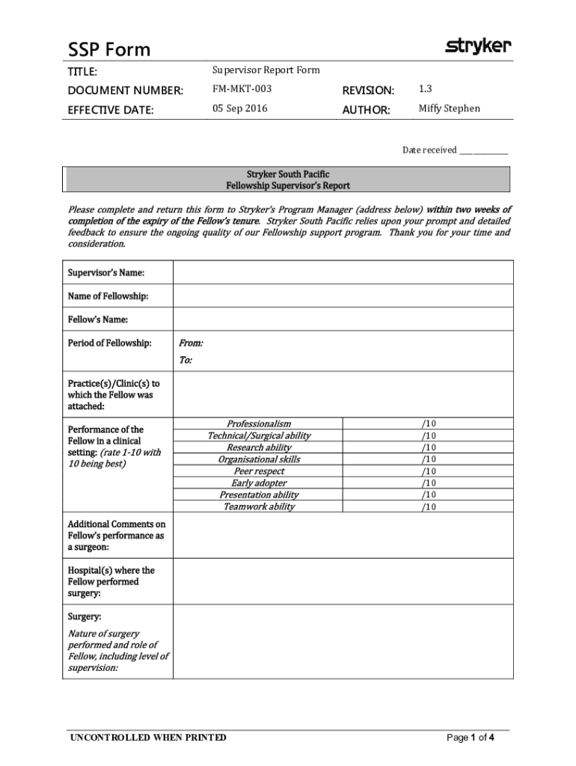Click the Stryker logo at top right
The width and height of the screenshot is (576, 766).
[x=479, y=46]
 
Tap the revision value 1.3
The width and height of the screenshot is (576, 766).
[x=426, y=89]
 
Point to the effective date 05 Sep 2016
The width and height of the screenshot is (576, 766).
[x=239, y=108]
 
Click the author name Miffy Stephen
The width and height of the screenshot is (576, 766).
[x=449, y=108]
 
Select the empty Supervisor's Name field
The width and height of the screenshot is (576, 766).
[x=343, y=272]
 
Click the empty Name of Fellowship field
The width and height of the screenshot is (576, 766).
[x=343, y=296]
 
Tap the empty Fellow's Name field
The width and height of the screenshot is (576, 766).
[x=343, y=319]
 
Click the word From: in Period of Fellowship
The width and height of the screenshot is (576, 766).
[x=191, y=343]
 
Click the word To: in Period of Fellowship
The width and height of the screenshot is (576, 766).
[x=186, y=361]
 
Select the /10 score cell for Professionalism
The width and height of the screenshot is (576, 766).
[x=428, y=423]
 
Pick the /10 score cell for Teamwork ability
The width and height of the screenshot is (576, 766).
[x=428, y=507]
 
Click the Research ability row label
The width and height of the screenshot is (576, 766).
[x=259, y=447]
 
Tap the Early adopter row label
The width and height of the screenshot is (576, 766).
[x=259, y=483]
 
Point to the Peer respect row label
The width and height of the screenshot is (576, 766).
[x=259, y=471]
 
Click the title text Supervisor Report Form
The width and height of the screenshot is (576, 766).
[x=266, y=70]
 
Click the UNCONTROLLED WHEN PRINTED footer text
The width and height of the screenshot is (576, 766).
[x=147, y=738]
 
